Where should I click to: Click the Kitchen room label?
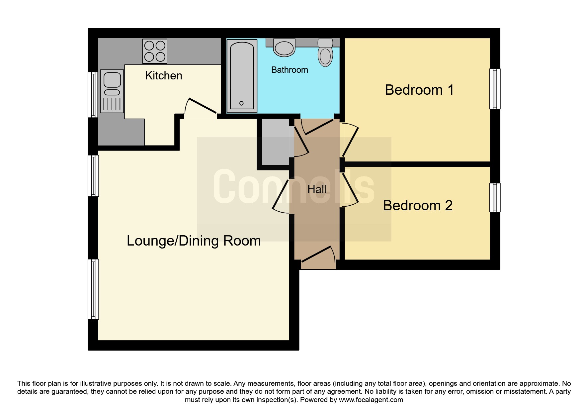click(x=164, y=76)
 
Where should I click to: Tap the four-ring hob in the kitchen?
click(x=155, y=51)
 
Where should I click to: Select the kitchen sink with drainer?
click(x=112, y=91)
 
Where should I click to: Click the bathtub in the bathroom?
click(x=242, y=74)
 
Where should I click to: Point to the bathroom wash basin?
click(x=284, y=47)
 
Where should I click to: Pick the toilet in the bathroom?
click(x=325, y=52)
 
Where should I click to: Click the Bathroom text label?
click(x=290, y=70)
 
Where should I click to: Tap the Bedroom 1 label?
click(x=419, y=90)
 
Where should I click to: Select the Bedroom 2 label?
click(x=418, y=205)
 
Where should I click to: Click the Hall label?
click(x=317, y=189)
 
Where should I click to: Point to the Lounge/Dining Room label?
click(x=194, y=241)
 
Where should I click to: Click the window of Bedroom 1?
click(x=495, y=89)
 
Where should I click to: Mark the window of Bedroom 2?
click(x=495, y=198)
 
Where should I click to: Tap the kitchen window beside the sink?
click(x=93, y=95)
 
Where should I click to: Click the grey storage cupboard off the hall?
click(x=276, y=142)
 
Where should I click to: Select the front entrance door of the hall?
click(x=318, y=258)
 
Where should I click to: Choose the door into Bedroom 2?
click(x=349, y=189)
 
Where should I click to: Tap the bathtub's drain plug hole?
click(x=241, y=103)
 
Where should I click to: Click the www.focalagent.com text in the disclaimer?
click(x=371, y=400)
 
